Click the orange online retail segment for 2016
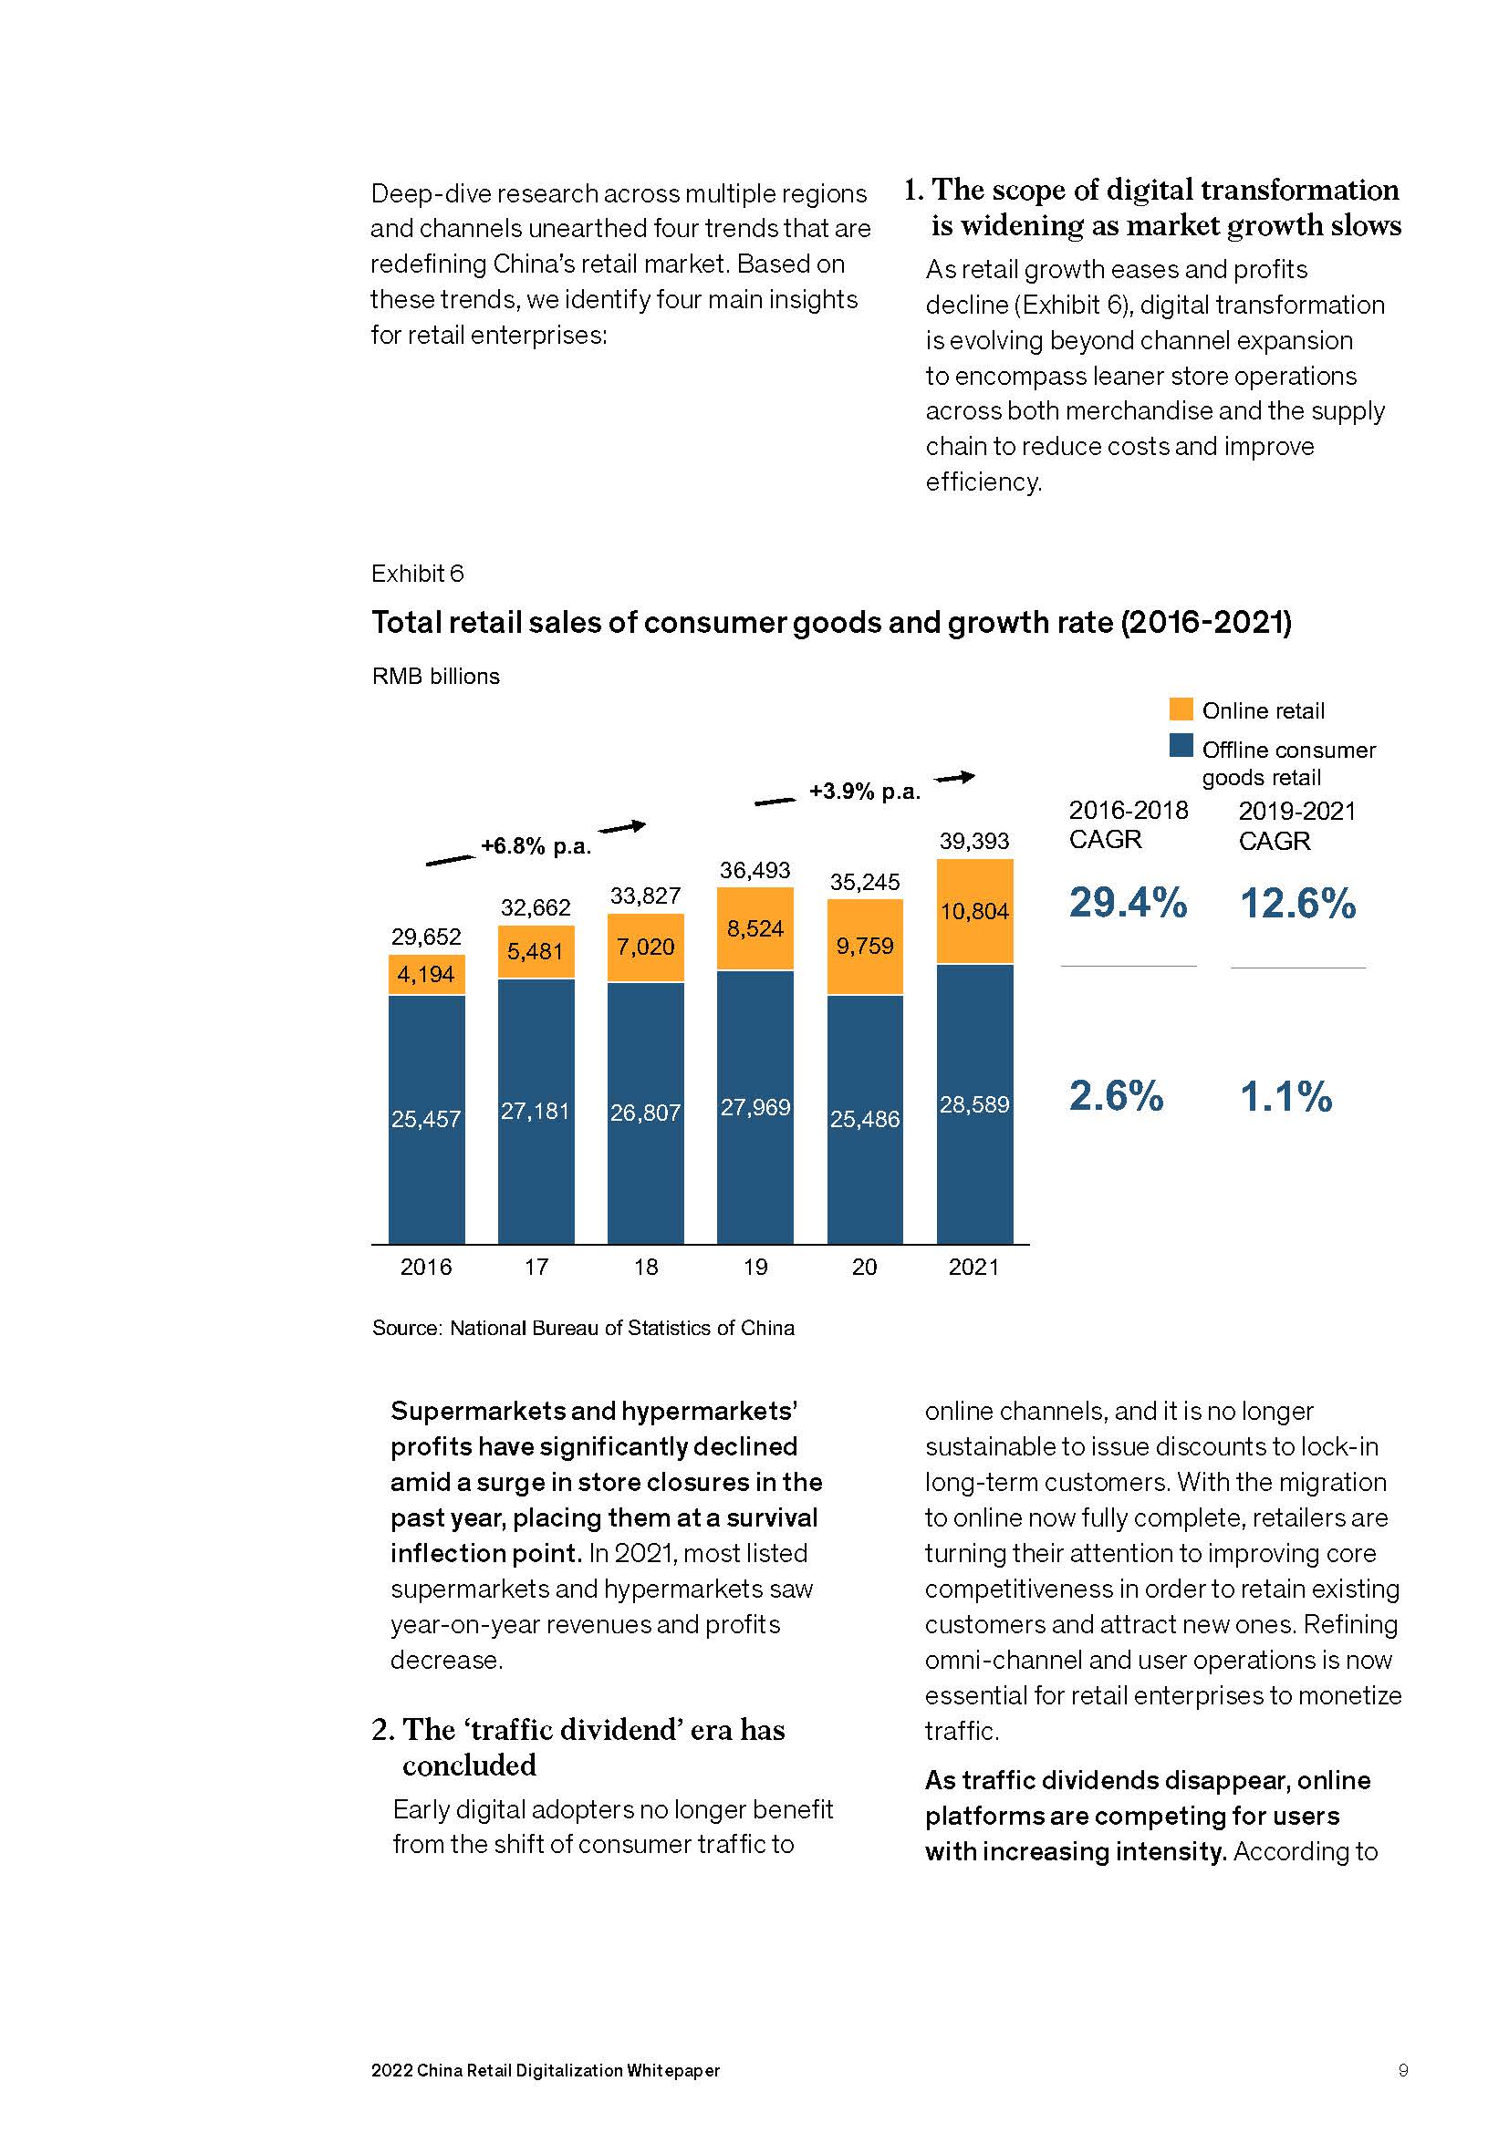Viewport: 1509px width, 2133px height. coord(426,975)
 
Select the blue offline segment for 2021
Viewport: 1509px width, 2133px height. coord(973,1103)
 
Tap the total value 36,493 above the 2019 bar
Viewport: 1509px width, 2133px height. coord(754,871)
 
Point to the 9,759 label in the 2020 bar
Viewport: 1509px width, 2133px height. coord(864,946)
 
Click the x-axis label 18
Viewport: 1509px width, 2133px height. coord(646,1268)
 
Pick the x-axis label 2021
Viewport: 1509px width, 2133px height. coord(973,1268)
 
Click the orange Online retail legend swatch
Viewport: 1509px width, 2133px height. coord(1181,709)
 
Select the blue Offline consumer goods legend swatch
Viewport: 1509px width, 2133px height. coord(1181,746)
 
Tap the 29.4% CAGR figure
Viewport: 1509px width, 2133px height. coord(1127,903)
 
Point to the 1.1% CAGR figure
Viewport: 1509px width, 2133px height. coord(1286,1097)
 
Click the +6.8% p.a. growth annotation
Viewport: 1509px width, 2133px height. coord(536,846)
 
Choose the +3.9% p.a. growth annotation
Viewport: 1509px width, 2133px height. coord(864,792)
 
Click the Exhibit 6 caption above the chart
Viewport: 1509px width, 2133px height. coord(417,575)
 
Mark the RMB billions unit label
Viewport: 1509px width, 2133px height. coord(436,677)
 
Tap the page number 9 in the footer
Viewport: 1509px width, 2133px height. coord(1403,2070)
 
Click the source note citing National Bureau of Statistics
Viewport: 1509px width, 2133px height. coord(583,1329)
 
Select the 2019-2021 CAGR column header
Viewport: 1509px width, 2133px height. coord(1297,826)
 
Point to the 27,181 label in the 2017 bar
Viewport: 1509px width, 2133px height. coord(536,1111)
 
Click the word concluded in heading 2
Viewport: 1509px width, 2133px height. coord(469,1765)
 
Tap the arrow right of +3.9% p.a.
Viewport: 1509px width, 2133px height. coord(954,777)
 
